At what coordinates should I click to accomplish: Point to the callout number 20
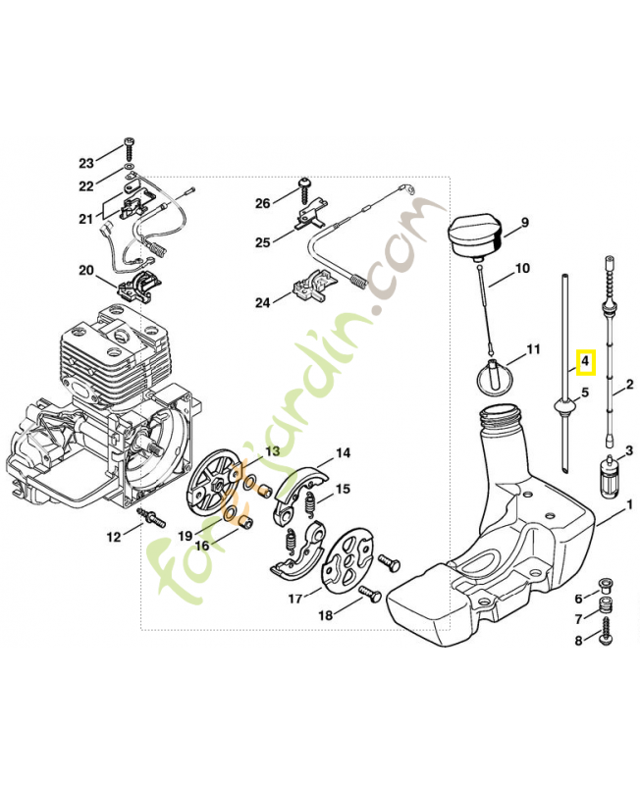[86, 270]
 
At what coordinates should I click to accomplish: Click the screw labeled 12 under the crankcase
[152, 518]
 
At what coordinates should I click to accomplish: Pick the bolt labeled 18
[369, 594]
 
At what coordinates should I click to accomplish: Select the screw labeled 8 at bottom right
[605, 638]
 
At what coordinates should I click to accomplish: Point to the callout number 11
[533, 348]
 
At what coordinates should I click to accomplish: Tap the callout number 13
[272, 450]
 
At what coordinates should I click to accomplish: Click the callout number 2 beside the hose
[629, 386]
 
